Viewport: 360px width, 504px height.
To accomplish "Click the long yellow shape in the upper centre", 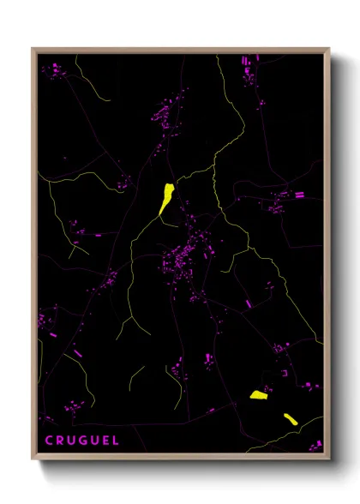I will click(166, 197).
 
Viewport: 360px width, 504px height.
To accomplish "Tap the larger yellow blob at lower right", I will click(259, 394).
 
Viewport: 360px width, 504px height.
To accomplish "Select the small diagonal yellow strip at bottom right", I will click(290, 418).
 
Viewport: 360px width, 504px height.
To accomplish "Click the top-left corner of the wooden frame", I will click(33, 50).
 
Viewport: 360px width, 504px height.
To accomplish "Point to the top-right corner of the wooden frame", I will click(329, 50).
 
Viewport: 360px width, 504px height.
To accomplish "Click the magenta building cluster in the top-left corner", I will click(57, 70).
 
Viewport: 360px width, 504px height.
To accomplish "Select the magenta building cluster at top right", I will click(251, 69).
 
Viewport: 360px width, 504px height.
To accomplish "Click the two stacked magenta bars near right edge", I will click(300, 195).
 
